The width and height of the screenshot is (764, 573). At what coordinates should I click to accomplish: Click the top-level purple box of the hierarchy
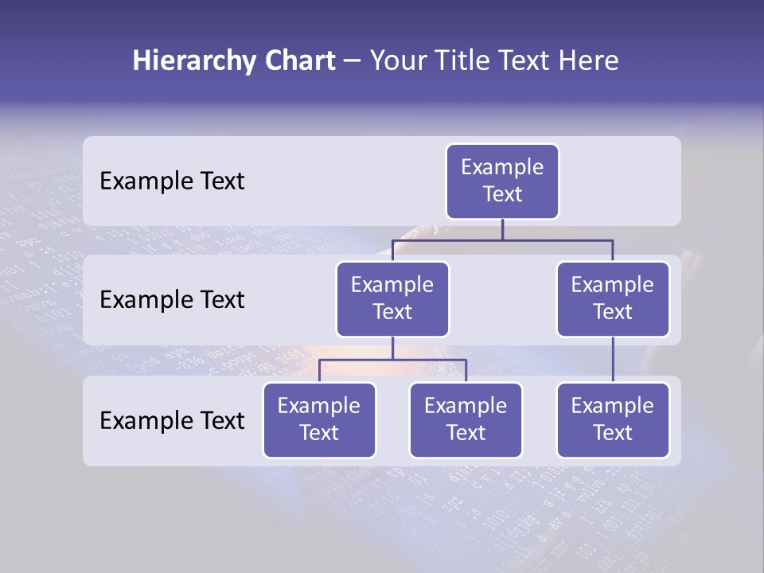[x=502, y=181]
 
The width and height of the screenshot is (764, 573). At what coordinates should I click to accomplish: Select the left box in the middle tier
[x=392, y=299]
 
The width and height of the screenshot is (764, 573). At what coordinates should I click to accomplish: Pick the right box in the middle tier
[x=613, y=299]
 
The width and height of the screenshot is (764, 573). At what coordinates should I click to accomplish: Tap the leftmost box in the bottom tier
[x=319, y=420]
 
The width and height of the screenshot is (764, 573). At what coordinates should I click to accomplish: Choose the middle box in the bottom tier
[x=466, y=420]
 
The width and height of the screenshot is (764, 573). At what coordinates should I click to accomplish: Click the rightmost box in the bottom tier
[x=613, y=420]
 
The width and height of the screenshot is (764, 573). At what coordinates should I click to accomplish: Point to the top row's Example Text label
[x=172, y=181]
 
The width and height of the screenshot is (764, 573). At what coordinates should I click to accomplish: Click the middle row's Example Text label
[x=172, y=300]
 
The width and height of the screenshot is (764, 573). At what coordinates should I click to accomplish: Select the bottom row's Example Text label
[x=172, y=420]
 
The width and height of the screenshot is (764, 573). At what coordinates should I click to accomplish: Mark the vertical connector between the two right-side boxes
[x=613, y=360]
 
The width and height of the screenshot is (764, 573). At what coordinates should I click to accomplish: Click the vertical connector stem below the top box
[x=502, y=229]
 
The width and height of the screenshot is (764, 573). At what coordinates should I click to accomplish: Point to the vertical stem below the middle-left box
[x=392, y=348]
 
